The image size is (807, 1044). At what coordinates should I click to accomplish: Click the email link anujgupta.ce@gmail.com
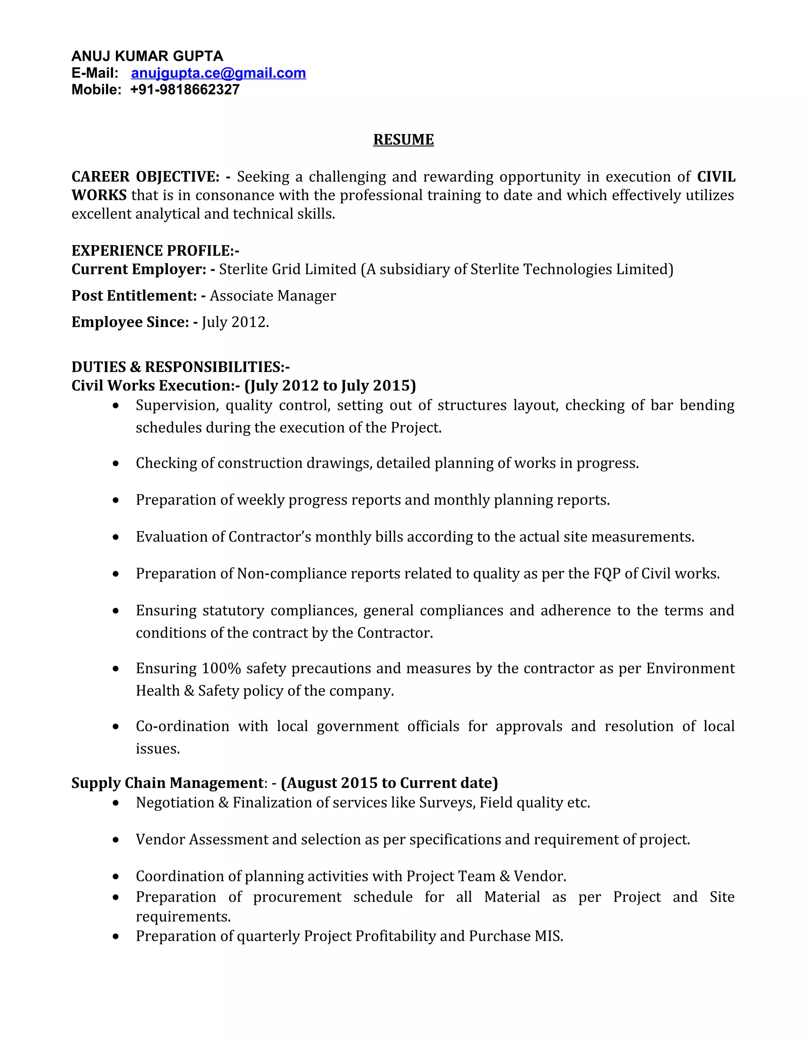pyautogui.click(x=218, y=73)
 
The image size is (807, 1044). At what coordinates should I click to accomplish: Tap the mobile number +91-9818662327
pyautogui.click(x=184, y=90)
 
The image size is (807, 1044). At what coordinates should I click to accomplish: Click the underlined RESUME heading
pyautogui.click(x=403, y=139)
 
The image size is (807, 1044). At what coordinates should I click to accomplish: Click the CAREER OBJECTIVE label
pyautogui.click(x=145, y=177)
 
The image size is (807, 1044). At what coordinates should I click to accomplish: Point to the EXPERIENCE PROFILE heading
pyautogui.click(x=155, y=251)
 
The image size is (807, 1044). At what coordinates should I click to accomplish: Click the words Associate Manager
pyautogui.click(x=273, y=296)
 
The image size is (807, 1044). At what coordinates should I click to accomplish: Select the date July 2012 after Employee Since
pyautogui.click(x=234, y=322)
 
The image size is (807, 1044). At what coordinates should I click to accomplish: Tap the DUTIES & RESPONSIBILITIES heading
pyautogui.click(x=180, y=367)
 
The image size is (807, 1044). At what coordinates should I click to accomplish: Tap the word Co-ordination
pyautogui.click(x=182, y=726)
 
